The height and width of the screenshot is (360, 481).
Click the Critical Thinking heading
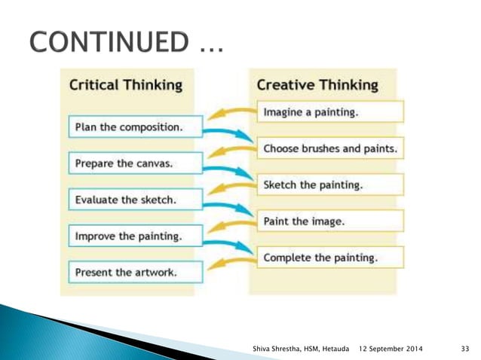click(125, 84)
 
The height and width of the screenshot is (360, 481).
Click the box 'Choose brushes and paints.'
click(329, 148)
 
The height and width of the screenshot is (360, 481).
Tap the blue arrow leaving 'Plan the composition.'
click(230, 134)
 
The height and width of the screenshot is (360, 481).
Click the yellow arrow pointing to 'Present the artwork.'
click(230, 261)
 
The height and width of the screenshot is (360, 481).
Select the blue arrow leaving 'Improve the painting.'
click(230, 243)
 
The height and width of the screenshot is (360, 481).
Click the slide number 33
click(464, 347)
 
